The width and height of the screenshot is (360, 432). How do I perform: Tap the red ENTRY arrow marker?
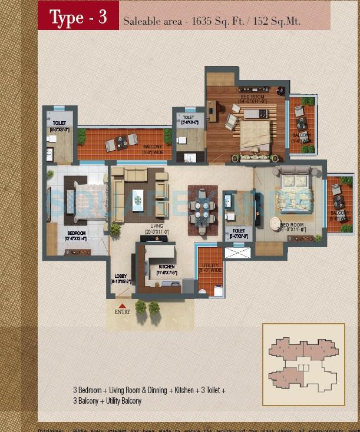[123, 305]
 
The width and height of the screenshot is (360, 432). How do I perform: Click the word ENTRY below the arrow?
[123, 312]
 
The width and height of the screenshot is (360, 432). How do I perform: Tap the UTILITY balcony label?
[210, 270]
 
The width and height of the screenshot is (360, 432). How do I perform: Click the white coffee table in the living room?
[138, 199]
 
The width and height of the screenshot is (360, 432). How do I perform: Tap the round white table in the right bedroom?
[275, 224]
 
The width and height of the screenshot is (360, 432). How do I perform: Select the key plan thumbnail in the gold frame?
[303, 364]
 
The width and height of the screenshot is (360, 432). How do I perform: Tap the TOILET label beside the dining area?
[239, 233]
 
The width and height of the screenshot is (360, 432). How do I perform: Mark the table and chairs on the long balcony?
[122, 141]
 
